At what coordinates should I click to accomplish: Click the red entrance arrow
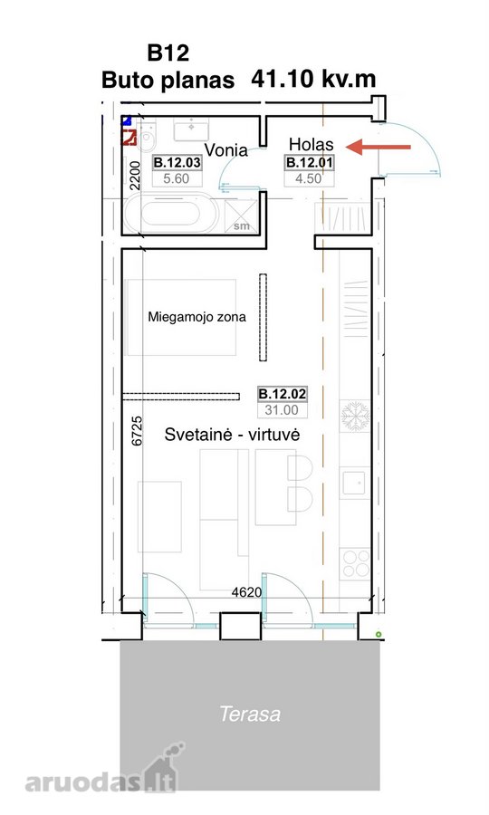tap(379, 147)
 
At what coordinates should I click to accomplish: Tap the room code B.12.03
tap(177, 163)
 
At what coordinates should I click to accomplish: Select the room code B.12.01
tap(309, 163)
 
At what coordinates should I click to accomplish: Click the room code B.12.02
tap(283, 394)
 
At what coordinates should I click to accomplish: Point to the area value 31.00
tap(282, 409)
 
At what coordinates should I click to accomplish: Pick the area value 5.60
tap(177, 178)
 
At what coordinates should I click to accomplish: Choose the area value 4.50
tap(309, 178)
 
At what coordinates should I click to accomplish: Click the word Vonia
tap(226, 150)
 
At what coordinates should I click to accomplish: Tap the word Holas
tap(312, 144)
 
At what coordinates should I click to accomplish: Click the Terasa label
tap(250, 714)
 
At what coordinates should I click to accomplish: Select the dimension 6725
tap(137, 430)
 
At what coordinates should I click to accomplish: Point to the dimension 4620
tap(246, 592)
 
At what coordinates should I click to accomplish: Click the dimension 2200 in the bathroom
tap(135, 176)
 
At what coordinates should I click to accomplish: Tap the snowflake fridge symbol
tap(355, 416)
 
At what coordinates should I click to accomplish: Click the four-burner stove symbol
tap(355, 564)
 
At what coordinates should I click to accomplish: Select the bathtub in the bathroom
tap(171, 214)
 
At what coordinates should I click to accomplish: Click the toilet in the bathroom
tap(147, 138)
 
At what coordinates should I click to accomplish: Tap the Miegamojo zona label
tap(197, 317)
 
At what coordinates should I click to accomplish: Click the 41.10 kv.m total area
tap(313, 79)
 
